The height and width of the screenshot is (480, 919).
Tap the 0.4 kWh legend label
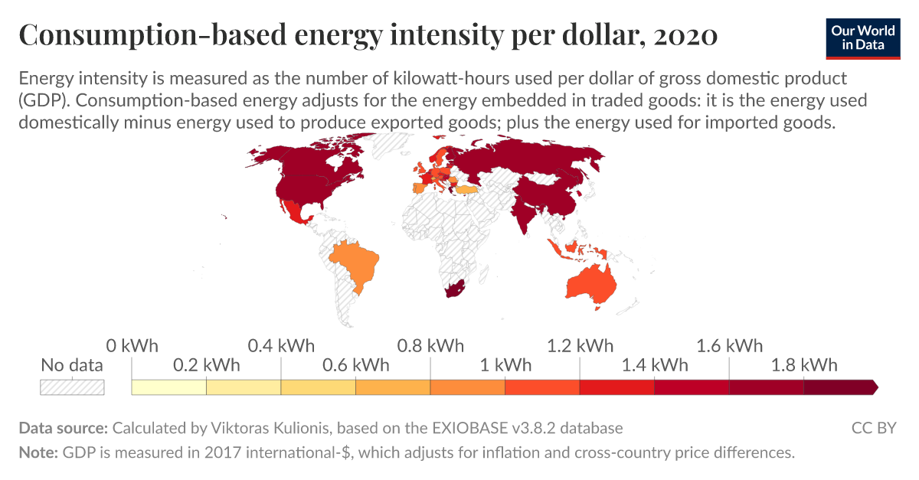[x=281, y=345]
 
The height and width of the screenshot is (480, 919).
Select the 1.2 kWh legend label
[x=580, y=345]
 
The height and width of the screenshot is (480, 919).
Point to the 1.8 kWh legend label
[x=803, y=364]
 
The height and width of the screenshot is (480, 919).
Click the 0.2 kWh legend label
[x=206, y=364]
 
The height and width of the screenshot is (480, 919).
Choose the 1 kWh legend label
[x=505, y=364]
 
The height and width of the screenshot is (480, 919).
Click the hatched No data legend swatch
[x=72, y=387]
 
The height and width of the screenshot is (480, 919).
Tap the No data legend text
[x=72, y=365]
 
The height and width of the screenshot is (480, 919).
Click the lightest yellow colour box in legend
[x=168, y=387]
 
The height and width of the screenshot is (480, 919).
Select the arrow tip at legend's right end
[x=875, y=387]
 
